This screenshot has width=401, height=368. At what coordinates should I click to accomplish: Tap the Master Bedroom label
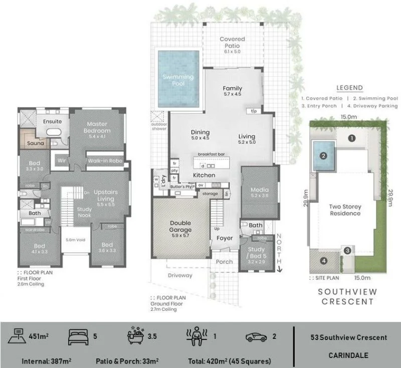click(x=98, y=127)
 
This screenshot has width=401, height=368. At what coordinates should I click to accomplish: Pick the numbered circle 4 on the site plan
click(x=323, y=260)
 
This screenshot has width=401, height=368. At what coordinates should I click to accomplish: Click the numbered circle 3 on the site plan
click(x=347, y=250)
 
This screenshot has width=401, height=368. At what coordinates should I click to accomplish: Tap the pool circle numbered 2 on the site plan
click(x=324, y=155)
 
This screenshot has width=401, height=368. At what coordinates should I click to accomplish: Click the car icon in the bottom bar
click(x=256, y=337)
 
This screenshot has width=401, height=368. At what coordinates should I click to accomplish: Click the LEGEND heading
click(x=349, y=88)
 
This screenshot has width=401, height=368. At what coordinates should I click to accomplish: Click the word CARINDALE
click(x=348, y=355)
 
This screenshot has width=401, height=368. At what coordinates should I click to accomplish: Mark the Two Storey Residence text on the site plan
click(x=345, y=210)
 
